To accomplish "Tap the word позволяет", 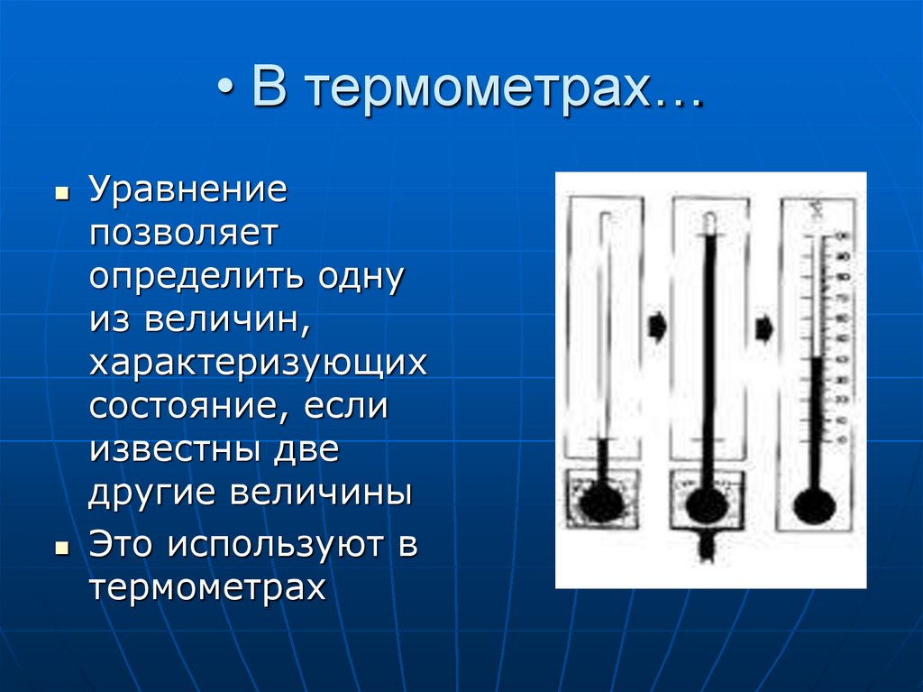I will tap(186, 234).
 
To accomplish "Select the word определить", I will tap(197, 276).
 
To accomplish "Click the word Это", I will tap(120, 545).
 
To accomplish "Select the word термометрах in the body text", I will tap(206, 587).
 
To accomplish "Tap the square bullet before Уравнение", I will tap(61, 194).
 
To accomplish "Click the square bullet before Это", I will tap(61, 547).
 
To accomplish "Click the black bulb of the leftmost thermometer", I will tap(600, 503).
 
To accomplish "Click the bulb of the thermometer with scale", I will tap(814, 506).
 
